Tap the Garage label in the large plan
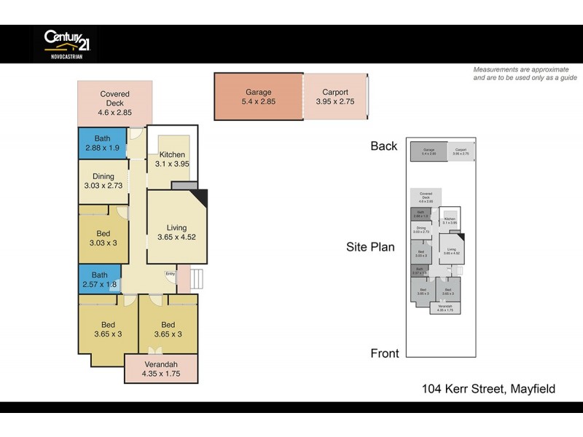[x=259, y=92]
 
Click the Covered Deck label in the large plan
[x=115, y=94]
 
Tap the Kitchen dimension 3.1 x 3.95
[x=173, y=165]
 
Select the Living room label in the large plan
[x=176, y=227]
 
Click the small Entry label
[x=170, y=274]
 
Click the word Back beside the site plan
[x=383, y=146]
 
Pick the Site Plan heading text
[x=370, y=247]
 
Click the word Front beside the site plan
[x=385, y=353]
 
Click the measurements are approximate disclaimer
[x=525, y=73]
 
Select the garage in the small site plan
[x=428, y=151]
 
